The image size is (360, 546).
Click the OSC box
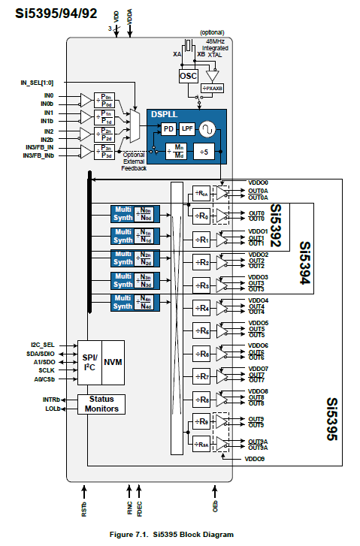[188, 77]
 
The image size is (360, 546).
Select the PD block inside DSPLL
[169, 129]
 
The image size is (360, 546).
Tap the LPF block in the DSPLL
[186, 129]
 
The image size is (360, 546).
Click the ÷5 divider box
[204, 152]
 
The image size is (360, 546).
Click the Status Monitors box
[101, 403]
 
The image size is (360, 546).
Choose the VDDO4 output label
[259, 300]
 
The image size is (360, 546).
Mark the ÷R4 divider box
[201, 308]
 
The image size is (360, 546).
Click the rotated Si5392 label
[276, 225]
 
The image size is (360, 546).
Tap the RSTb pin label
[84, 509]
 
